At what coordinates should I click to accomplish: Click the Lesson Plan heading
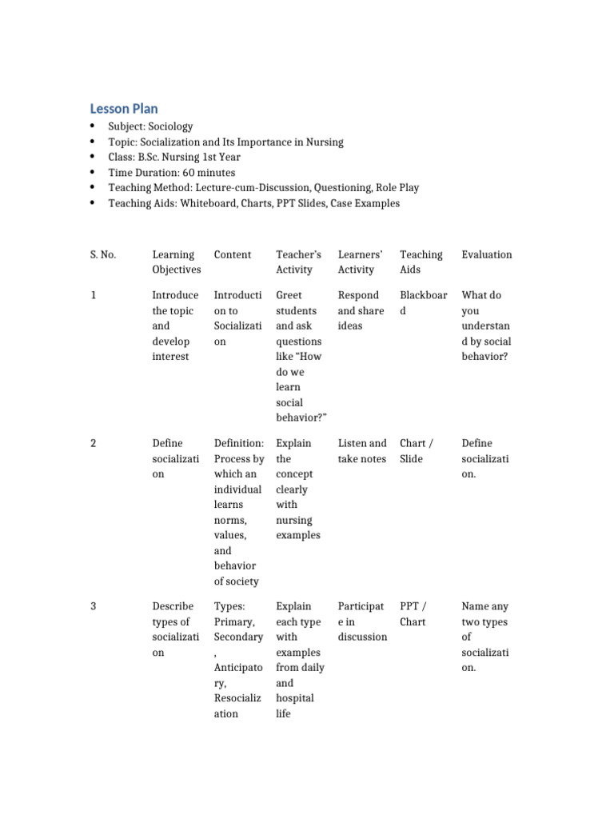[x=123, y=108]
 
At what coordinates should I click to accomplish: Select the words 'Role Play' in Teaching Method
[x=397, y=188]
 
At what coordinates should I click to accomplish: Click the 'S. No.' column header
[x=103, y=254]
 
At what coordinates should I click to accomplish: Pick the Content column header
[x=233, y=254]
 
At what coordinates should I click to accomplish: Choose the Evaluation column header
[x=487, y=254]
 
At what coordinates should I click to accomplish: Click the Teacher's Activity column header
[x=298, y=262]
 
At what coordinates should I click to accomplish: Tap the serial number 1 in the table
[x=94, y=295]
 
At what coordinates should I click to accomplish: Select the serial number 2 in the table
[x=94, y=443]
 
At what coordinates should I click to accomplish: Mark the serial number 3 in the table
[x=94, y=606]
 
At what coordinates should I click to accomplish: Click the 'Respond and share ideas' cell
[x=361, y=310]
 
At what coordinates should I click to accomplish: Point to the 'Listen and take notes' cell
[x=362, y=451]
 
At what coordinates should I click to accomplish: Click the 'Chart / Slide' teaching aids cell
[x=417, y=451]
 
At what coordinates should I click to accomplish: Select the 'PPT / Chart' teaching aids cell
[x=413, y=614]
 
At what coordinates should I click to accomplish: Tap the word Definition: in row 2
[x=239, y=443]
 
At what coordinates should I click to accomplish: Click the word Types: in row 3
[x=229, y=606]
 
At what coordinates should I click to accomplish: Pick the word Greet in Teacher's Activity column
[x=289, y=295]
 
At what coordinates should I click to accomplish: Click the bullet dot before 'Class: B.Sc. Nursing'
[x=93, y=158]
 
